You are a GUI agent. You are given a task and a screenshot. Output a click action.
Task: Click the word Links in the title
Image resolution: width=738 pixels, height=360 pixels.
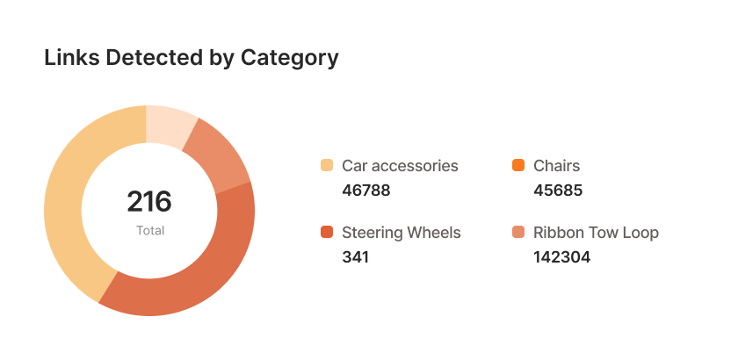pyautogui.click(x=72, y=58)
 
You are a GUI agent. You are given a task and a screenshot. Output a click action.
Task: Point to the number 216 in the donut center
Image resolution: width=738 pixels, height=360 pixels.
pyautogui.click(x=149, y=201)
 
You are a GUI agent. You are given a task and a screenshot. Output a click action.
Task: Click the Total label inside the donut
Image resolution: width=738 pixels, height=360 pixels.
pyautogui.click(x=150, y=231)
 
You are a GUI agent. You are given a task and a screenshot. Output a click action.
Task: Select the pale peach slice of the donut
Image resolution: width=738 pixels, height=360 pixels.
pyautogui.click(x=170, y=125)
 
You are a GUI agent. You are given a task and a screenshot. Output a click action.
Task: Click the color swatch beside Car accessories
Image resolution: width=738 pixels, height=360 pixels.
pyautogui.click(x=327, y=165)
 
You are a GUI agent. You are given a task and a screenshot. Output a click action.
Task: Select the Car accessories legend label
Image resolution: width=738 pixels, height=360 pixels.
pyautogui.click(x=400, y=165)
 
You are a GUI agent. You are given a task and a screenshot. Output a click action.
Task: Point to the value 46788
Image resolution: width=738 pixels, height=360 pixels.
pyautogui.click(x=365, y=191)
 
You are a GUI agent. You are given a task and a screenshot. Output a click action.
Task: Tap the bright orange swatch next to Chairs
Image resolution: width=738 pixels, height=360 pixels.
pyautogui.click(x=518, y=165)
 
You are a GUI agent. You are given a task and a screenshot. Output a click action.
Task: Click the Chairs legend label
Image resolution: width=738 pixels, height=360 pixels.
pyautogui.click(x=557, y=165)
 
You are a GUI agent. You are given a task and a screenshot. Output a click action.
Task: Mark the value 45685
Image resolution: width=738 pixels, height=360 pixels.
pyautogui.click(x=558, y=191)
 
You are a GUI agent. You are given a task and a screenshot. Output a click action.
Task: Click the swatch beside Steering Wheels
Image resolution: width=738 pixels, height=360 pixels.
pyautogui.click(x=327, y=233)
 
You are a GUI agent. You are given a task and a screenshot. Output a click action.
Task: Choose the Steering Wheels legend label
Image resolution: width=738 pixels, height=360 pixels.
pyautogui.click(x=402, y=233)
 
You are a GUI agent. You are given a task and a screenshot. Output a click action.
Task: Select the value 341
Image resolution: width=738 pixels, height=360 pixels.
pyautogui.click(x=355, y=257)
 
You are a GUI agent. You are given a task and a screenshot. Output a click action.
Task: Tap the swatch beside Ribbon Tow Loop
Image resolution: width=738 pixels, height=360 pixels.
pyautogui.click(x=518, y=233)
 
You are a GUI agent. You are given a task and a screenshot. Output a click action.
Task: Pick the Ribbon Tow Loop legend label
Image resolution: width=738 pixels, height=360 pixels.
pyautogui.click(x=596, y=233)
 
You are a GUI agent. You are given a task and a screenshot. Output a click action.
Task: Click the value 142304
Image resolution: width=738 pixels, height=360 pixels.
pyautogui.click(x=562, y=257)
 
